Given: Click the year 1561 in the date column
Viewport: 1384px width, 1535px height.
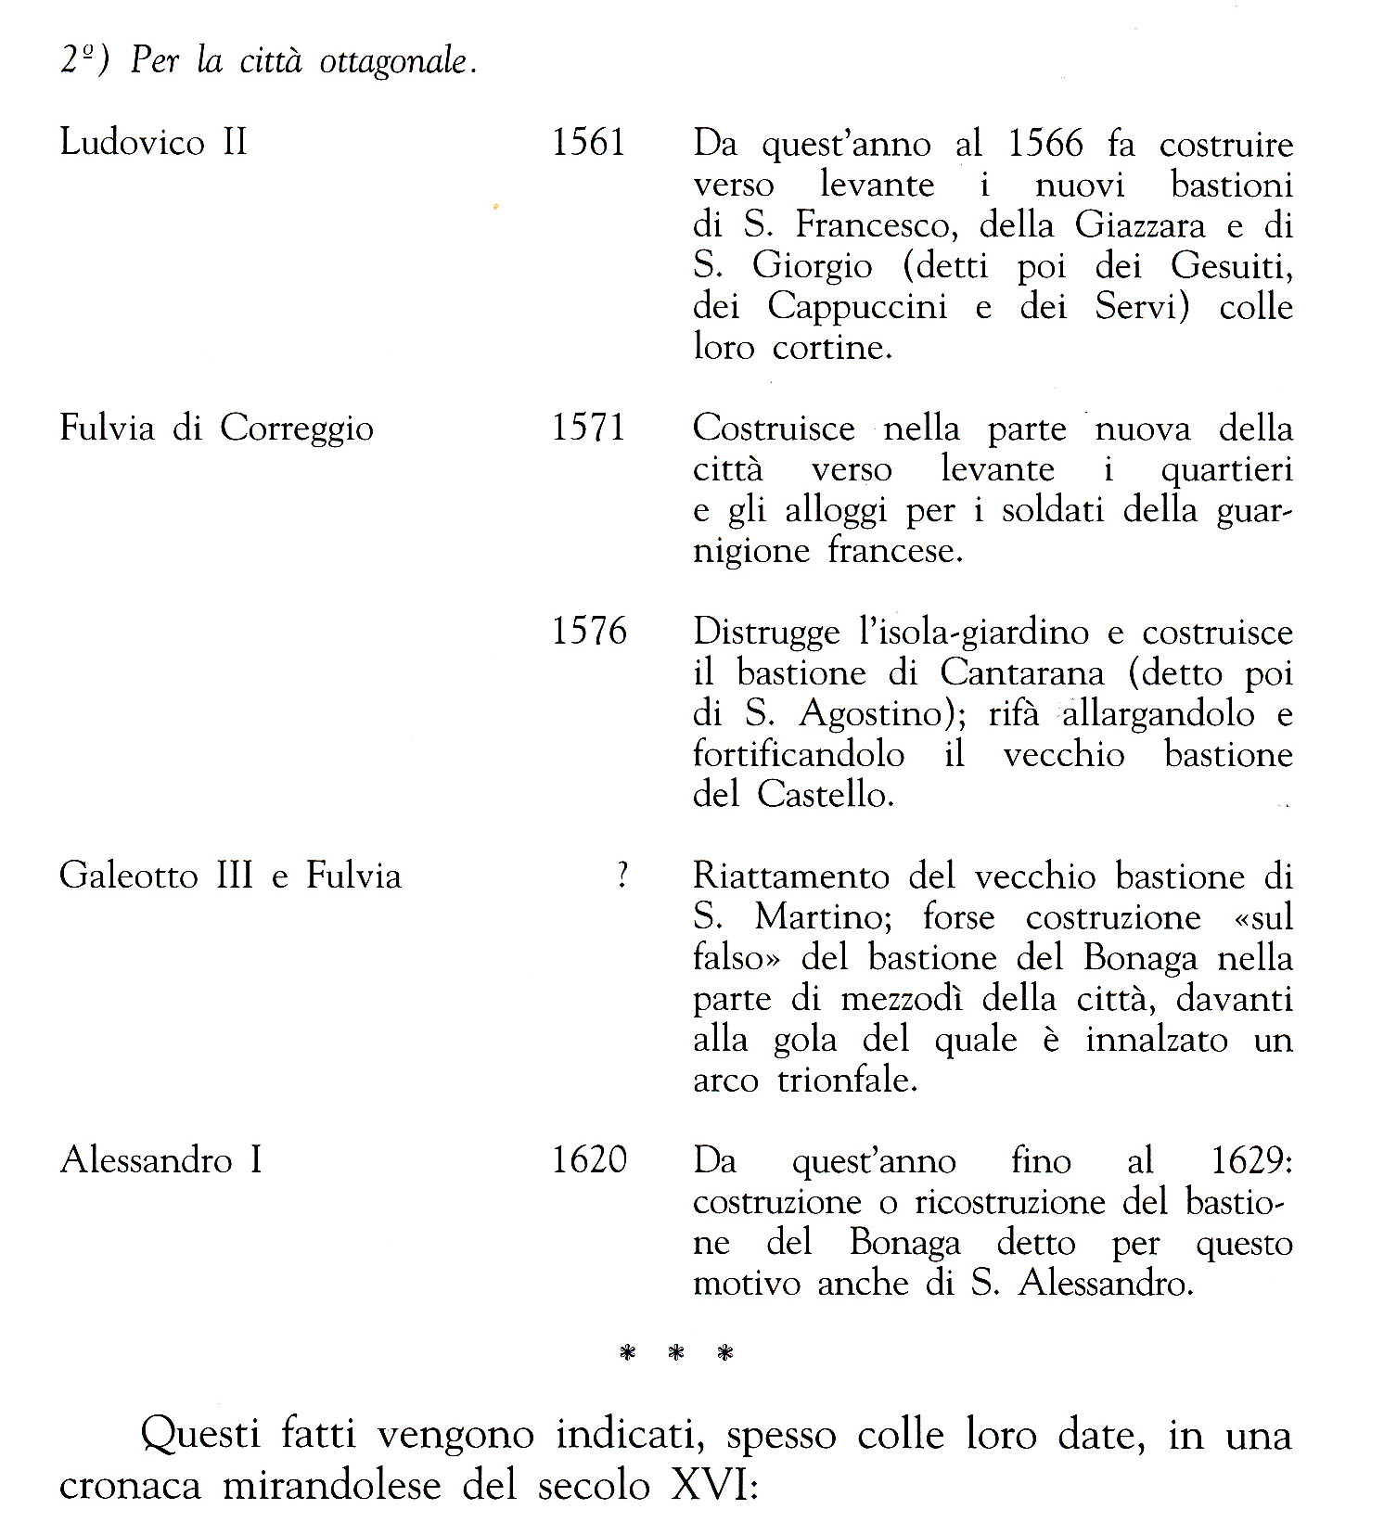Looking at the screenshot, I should tap(589, 143).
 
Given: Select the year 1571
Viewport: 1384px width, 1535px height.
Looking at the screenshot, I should tap(589, 429).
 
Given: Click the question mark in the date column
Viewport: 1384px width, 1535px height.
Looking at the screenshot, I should tap(622, 876).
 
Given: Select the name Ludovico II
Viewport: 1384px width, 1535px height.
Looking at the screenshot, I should tap(153, 143).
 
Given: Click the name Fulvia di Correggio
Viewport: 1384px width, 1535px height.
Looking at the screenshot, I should tap(217, 429).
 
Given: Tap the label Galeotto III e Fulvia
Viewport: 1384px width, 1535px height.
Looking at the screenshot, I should tap(230, 876).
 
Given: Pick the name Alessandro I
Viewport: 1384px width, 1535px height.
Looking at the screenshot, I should tap(161, 1160).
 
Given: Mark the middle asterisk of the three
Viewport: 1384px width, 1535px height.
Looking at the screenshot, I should tap(676, 1354).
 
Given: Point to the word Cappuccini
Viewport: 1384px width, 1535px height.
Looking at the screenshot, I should tap(857, 306).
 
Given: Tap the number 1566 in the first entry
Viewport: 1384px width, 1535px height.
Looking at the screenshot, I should tap(1044, 145).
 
